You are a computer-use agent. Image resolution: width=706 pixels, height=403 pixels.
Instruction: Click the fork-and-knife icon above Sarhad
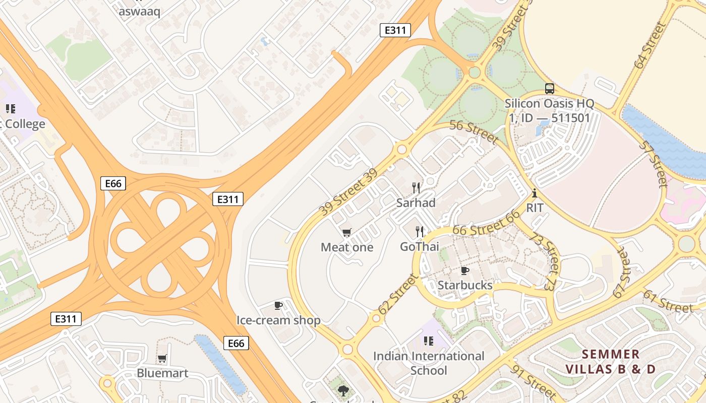416,188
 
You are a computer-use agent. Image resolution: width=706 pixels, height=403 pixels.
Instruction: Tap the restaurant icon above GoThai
420,232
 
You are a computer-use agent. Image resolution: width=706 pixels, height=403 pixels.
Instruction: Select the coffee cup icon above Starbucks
465,271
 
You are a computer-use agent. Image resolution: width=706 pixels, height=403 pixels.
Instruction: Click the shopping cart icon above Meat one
346,232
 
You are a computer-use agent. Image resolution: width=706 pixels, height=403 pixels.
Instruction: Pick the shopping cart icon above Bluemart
162,359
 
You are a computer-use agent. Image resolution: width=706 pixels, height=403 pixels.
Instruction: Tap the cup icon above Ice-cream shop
278,305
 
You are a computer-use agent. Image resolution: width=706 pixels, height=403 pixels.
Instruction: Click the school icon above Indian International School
429,341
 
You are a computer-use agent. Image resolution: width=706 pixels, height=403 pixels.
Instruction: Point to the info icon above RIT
535,193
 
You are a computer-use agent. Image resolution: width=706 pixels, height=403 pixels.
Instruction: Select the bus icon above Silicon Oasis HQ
550,89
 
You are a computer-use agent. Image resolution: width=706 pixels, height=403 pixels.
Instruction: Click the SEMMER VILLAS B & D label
610,362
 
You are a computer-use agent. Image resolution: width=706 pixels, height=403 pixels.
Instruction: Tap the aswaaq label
139,11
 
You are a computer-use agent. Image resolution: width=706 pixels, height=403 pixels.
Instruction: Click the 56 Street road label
474,131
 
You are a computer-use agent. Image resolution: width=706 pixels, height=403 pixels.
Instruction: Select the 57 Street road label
654,164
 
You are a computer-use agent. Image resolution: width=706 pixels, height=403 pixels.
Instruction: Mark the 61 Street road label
668,301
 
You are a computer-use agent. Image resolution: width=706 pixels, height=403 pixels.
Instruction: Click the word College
25,124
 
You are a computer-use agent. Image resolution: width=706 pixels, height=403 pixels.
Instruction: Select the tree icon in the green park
343,390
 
